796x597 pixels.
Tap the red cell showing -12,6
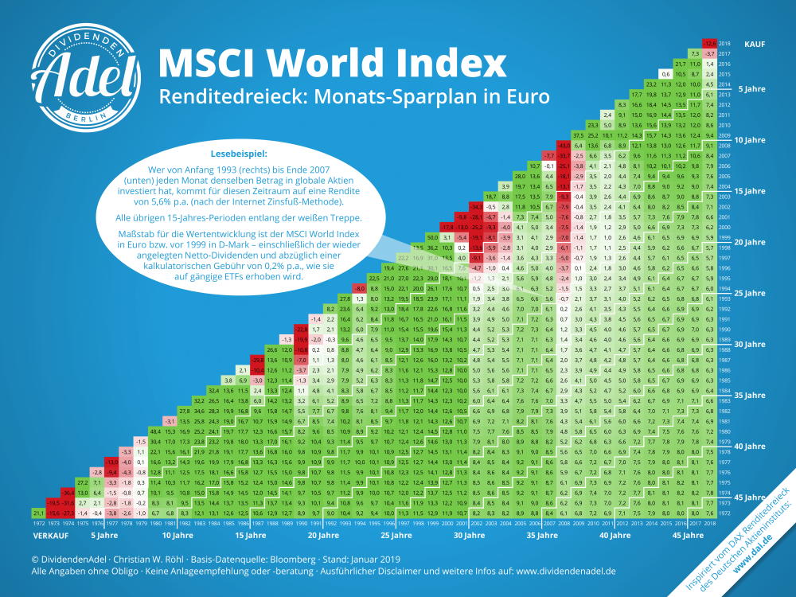[708, 43]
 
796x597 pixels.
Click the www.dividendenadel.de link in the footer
[554, 572]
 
